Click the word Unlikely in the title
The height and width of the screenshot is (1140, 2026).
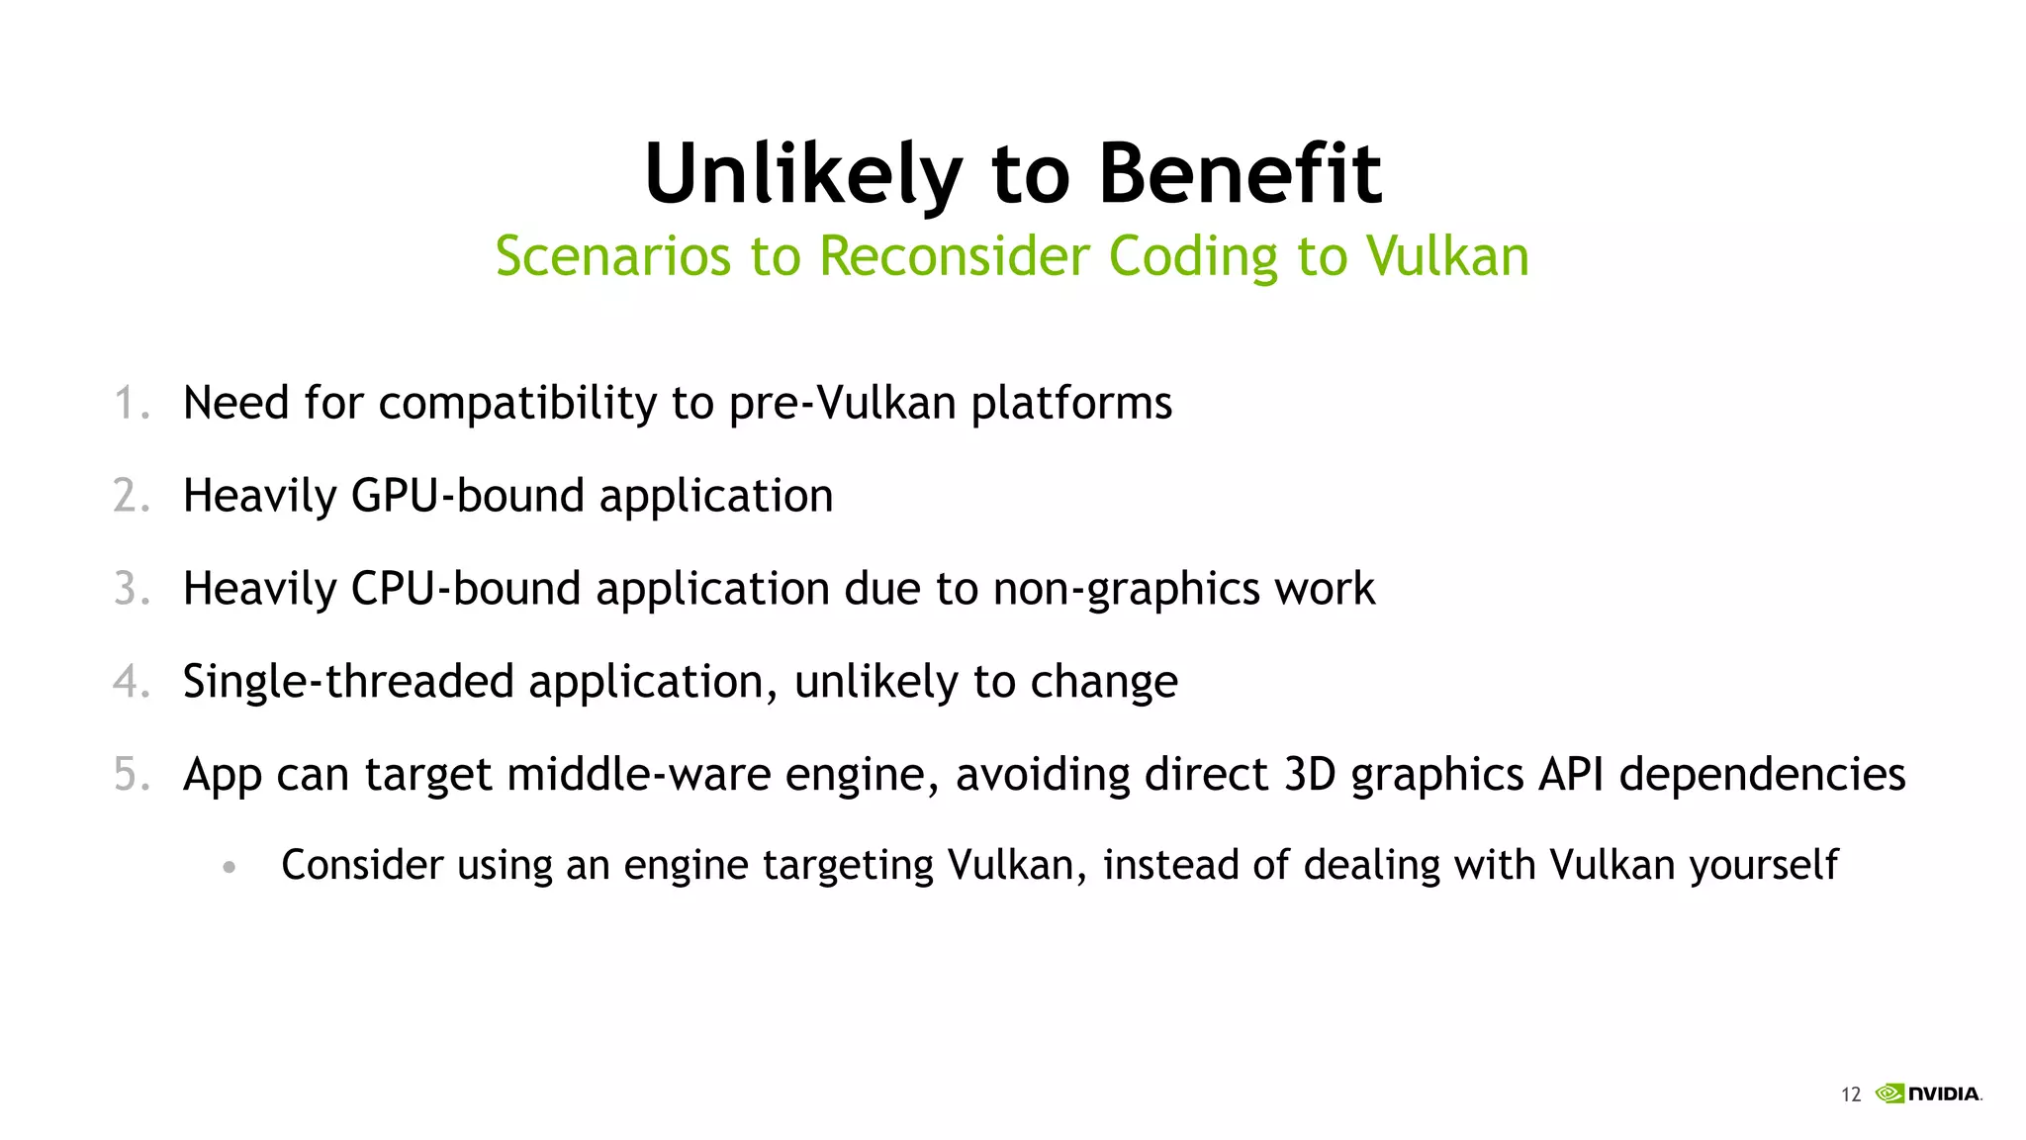tap(802, 174)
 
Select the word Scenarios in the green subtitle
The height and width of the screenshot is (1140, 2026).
tap(614, 256)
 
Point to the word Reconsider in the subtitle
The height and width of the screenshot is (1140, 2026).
tap(956, 256)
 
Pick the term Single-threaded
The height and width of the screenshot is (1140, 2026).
tap(348, 682)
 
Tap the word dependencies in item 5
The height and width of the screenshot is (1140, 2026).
tap(1763, 774)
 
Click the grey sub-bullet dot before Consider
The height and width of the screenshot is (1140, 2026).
tap(230, 868)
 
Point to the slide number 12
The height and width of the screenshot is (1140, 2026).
tap(1850, 1094)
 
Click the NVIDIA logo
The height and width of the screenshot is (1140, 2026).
tap(1929, 1093)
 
